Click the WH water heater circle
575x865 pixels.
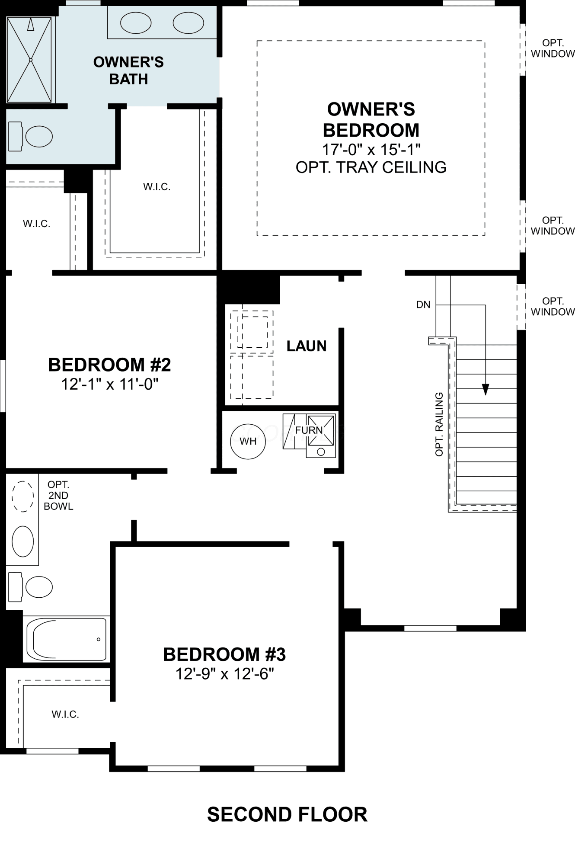tap(248, 441)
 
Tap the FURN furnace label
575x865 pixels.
tap(309, 430)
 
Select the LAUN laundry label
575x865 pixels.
tap(307, 346)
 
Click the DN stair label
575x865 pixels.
tap(423, 304)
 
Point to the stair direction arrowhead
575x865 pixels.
tap(486, 389)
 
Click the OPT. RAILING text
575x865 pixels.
tap(439, 424)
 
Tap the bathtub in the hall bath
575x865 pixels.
tap(67, 639)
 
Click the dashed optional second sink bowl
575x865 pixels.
tap(23, 496)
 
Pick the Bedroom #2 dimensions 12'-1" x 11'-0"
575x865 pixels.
tap(110, 384)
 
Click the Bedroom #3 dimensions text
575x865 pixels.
tap(225, 673)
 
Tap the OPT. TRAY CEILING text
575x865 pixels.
tap(371, 167)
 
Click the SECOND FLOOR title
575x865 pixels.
tap(287, 814)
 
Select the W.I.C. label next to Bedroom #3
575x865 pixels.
tap(65, 714)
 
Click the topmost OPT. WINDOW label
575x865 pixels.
tap(553, 48)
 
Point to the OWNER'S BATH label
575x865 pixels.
tap(128, 70)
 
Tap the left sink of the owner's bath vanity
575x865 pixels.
tap(136, 23)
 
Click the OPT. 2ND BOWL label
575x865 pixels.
tap(58, 496)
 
